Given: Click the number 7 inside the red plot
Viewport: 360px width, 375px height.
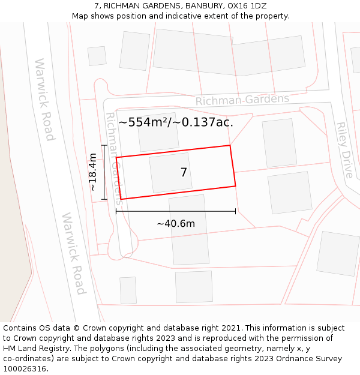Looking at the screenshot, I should coord(184,173).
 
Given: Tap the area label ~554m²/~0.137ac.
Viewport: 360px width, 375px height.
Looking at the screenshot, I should coord(175,122).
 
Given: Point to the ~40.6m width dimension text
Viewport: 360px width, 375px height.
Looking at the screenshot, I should coord(176,224).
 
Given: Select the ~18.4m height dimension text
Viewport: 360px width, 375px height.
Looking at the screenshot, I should coord(94,172).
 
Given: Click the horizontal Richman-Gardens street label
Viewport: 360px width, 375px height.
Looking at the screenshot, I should coord(242,100).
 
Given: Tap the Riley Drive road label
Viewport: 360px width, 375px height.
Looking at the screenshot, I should coord(344,150).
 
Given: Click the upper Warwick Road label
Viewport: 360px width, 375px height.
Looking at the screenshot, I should coord(44,99).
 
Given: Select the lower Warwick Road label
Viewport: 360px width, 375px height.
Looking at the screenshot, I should coord(73,253).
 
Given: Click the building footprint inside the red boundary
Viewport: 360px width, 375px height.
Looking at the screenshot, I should coord(170,173).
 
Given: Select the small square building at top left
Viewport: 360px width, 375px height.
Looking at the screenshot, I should coord(97,56).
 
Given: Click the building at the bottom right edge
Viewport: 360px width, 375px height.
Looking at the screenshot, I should coord(338,253).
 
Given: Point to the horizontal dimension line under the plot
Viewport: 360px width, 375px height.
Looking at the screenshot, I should coord(176,211).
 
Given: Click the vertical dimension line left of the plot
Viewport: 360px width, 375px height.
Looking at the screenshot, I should coord(104,172).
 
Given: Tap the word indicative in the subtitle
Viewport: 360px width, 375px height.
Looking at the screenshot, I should coord(176,16).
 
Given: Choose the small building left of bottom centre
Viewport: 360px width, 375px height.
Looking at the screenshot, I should coord(128,290).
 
